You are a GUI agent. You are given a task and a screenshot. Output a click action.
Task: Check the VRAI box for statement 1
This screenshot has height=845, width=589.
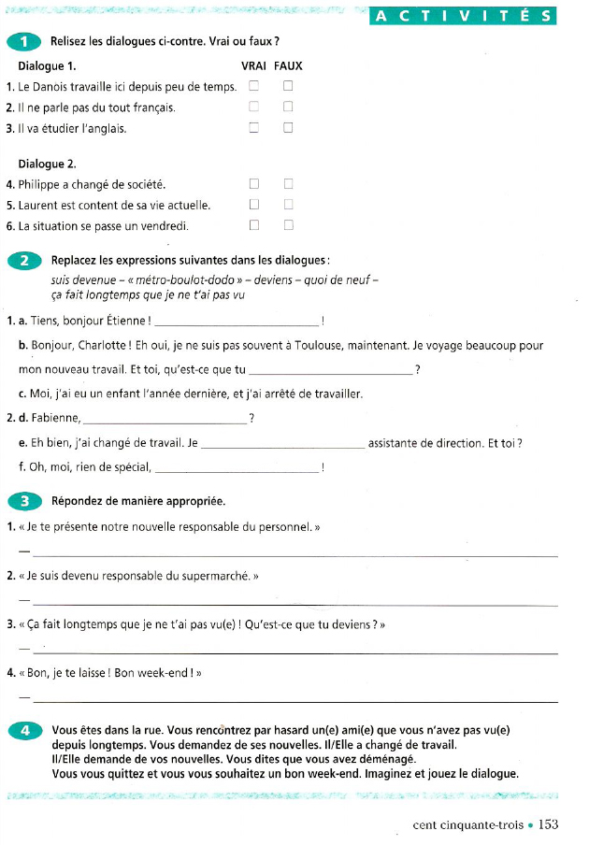click(253, 87)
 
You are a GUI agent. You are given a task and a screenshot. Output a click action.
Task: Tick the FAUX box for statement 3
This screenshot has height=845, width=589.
click(288, 128)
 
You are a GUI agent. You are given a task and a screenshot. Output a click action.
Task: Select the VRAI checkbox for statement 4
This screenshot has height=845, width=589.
click(253, 184)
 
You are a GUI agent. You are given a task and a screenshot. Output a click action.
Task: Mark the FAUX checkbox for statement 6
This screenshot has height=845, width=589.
click(288, 224)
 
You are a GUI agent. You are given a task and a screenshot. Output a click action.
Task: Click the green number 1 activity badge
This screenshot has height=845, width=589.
click(22, 42)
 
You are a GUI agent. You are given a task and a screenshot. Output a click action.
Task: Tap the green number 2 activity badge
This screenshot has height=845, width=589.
click(22, 260)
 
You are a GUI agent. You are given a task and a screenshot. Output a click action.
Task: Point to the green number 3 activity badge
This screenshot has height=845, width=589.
click(22, 502)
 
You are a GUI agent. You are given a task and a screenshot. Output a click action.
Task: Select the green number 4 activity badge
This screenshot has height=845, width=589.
click(22, 731)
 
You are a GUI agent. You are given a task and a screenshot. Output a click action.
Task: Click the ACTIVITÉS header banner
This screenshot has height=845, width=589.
click(463, 16)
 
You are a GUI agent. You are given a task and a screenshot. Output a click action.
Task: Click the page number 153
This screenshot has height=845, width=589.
click(548, 824)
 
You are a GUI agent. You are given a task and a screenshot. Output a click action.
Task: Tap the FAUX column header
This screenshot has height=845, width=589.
click(288, 66)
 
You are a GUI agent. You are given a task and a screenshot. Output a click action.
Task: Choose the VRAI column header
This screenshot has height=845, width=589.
click(253, 66)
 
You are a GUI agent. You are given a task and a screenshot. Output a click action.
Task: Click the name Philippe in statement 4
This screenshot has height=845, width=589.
click(38, 184)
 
